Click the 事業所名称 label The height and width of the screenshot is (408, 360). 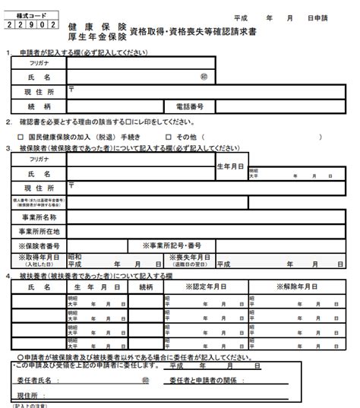click(39, 217)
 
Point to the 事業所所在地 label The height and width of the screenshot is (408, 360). click(39, 231)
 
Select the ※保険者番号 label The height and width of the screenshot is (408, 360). click(39, 245)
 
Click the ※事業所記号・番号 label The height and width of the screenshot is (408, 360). click(172, 245)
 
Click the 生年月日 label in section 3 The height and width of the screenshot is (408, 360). click(230, 166)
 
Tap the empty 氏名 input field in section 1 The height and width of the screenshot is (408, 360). click(133, 77)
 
